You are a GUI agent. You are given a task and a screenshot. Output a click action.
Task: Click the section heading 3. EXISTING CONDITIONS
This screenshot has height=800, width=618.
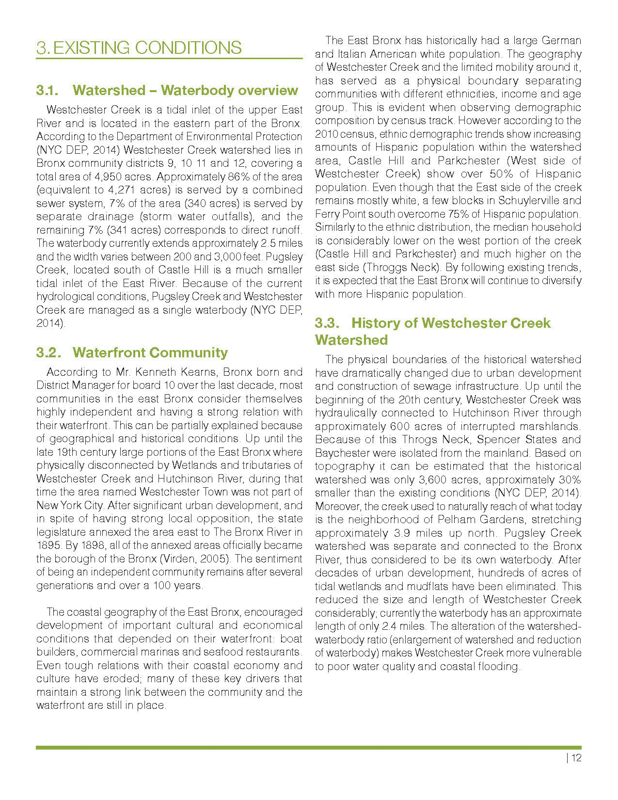click(x=139, y=48)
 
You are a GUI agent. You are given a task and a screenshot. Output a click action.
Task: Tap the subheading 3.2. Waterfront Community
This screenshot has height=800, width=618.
click(x=131, y=352)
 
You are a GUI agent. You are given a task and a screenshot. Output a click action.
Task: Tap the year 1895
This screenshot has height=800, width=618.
click(x=46, y=545)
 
